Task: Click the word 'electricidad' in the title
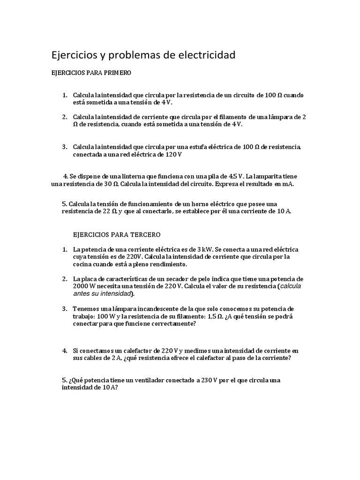click(x=206, y=55)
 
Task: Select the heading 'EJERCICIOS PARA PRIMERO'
click(x=91, y=74)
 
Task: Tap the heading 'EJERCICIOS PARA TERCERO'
click(x=117, y=234)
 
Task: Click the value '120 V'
click(x=173, y=154)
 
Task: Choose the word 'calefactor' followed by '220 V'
click(x=140, y=351)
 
